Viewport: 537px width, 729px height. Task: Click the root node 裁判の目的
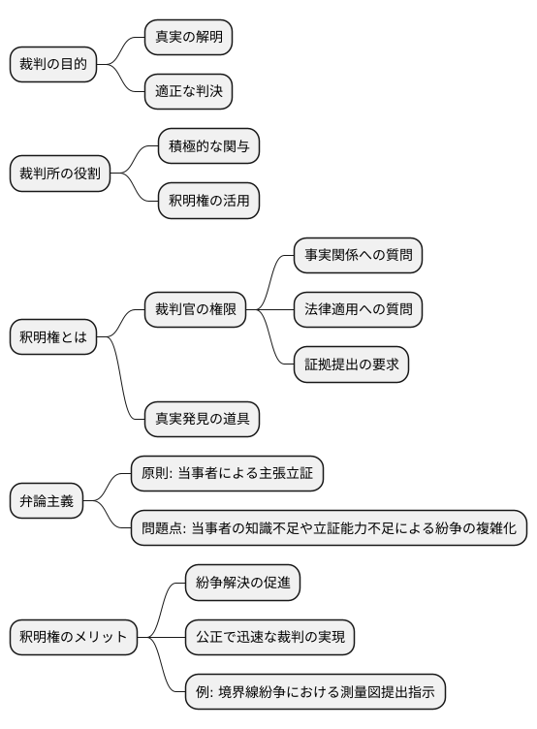[x=53, y=64]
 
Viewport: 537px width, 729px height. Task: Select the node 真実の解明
[x=189, y=37]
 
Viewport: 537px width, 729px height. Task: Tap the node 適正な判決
[x=189, y=91]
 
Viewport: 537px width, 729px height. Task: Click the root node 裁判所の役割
[x=60, y=174]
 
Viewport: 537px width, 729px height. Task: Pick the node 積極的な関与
[x=208, y=146]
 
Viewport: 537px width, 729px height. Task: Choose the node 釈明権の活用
[x=208, y=201]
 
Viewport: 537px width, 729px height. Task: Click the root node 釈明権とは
[x=53, y=337]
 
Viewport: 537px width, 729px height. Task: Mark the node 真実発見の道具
[x=202, y=419]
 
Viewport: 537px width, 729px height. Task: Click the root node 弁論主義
[x=47, y=501]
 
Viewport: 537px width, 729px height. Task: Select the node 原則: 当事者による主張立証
[x=227, y=473]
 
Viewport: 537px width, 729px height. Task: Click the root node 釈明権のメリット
[x=73, y=637]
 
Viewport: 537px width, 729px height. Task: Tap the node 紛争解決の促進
[x=242, y=583]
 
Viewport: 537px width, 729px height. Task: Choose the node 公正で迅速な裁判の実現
[x=269, y=637]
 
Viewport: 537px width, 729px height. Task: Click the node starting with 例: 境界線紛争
[x=316, y=692]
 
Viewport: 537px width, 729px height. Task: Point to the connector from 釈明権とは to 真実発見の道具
[x=120, y=383]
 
